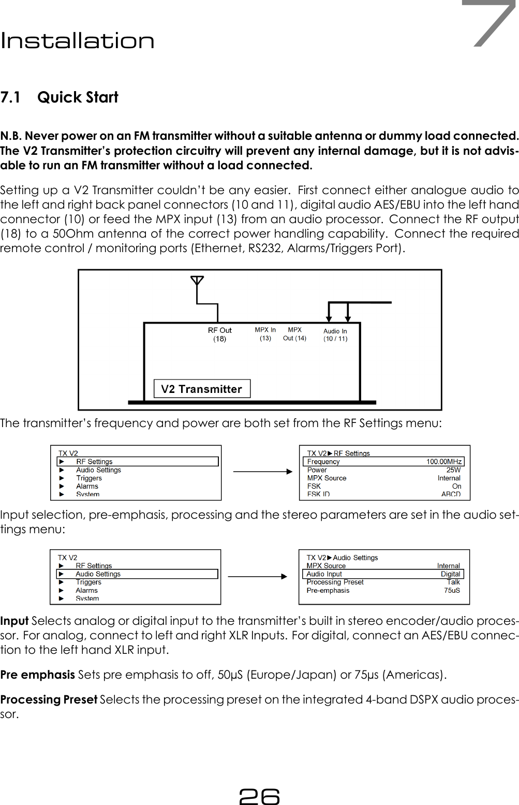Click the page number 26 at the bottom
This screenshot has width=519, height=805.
(259, 796)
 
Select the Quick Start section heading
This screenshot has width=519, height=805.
(78, 97)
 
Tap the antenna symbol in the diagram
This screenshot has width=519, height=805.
(197, 281)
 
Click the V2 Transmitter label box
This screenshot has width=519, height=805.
(202, 389)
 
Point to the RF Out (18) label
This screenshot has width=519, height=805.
(220, 334)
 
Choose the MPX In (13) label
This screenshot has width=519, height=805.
(265, 334)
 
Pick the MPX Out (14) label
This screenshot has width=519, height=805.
(295, 334)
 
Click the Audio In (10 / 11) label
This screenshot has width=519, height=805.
(335, 335)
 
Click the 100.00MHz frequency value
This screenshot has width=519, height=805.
(444, 462)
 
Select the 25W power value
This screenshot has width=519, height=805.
(453, 470)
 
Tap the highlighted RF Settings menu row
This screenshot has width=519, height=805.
(138, 462)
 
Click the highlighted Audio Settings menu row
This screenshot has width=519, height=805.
(137, 574)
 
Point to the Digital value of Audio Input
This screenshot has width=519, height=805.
(450, 574)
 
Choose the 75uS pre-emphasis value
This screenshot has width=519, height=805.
(452, 590)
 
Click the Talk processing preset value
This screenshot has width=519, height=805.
(453, 582)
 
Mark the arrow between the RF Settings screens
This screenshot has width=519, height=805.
(262, 472)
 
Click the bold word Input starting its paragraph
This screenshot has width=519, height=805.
(14, 621)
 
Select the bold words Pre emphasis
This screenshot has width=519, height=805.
(38, 675)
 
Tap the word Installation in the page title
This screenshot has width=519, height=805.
(78, 41)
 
